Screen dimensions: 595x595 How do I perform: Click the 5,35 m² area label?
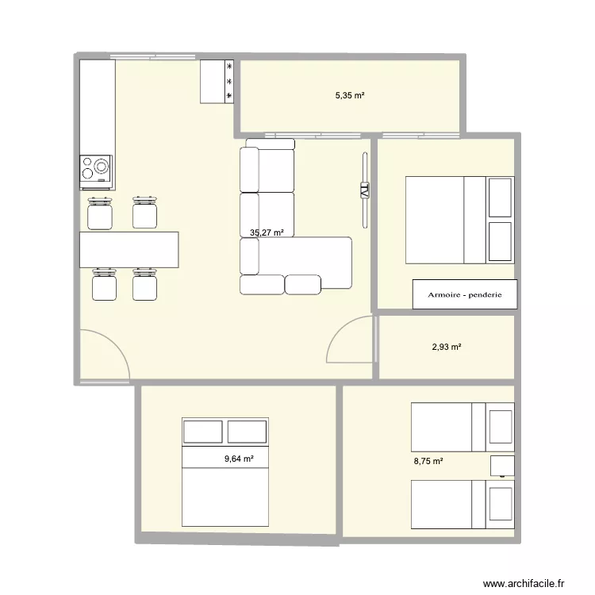coord(350,95)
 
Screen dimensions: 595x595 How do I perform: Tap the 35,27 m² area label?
coord(267,233)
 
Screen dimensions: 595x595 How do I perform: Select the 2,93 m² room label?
coord(447,347)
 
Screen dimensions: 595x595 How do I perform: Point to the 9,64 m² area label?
coord(239,459)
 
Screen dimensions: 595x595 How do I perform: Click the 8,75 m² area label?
coord(428,461)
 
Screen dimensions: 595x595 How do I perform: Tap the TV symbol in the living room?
coord(364,190)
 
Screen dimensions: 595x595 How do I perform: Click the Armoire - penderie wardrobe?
coord(464,294)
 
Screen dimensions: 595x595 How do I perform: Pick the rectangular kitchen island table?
coord(129,249)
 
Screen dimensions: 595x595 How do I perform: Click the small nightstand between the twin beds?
coord(501,466)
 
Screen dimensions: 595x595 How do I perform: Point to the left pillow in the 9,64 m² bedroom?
coord(203,432)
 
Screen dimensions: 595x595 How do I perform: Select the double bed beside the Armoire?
coord(459,220)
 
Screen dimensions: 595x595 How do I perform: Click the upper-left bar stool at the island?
coord(99,213)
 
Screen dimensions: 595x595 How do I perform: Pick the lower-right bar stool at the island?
coord(144,285)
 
